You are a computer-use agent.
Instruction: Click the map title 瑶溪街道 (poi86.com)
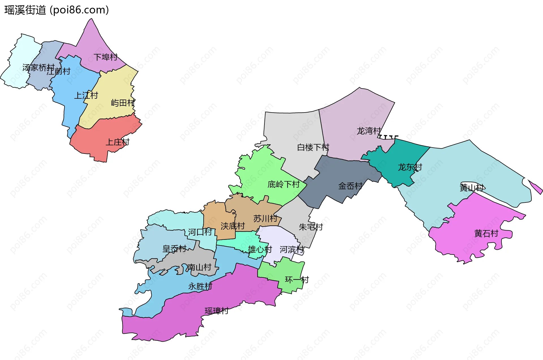(57, 10)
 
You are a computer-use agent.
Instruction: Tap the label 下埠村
(105, 57)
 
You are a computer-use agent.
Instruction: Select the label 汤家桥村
(38, 68)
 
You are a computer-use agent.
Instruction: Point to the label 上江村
(86, 96)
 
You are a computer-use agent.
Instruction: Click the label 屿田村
(123, 103)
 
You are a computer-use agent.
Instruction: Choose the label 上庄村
(117, 142)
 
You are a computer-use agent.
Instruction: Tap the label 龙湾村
(369, 131)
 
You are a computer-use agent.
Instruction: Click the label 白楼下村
(313, 147)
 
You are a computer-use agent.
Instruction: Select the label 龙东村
(410, 167)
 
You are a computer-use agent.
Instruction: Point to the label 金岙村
(350, 186)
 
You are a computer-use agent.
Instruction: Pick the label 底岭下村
(283, 184)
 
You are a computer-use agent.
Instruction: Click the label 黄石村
(486, 234)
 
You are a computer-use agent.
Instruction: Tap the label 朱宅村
(311, 227)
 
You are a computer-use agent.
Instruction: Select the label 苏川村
(265, 218)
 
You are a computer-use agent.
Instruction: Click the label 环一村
(297, 280)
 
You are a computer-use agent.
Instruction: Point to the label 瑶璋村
(217, 311)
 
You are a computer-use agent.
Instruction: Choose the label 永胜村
(200, 286)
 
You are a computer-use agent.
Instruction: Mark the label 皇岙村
(174, 249)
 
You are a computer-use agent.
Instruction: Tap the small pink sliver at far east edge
(536, 187)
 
